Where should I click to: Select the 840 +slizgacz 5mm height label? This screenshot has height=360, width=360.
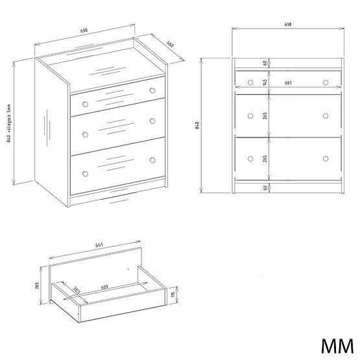[9, 123]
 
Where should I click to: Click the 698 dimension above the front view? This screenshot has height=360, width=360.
[287, 25]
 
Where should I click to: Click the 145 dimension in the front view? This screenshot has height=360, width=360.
[266, 82]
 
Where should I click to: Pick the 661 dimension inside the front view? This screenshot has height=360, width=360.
[287, 82]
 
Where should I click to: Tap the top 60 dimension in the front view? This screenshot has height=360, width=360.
[266, 64]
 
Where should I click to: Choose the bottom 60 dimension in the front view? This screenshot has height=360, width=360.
[266, 187]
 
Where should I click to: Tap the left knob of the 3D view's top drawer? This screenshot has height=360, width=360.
[84, 104]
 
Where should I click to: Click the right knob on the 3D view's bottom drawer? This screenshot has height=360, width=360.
[153, 160]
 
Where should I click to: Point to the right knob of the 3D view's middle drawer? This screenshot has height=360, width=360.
[153, 121]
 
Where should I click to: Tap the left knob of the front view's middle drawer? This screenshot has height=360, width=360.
[250, 115]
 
